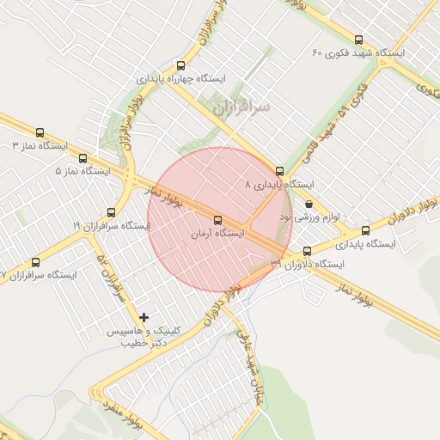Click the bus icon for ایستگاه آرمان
[217, 219]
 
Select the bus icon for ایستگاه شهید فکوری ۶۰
[358, 40]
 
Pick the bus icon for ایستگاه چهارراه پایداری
[180, 65]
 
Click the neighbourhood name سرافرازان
[241, 107]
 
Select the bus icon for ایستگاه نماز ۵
[82, 158]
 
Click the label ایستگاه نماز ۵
[82, 171]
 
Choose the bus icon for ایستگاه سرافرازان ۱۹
[111, 212]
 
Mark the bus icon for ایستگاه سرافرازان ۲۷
[35, 262]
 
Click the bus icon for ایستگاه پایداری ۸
[279, 171]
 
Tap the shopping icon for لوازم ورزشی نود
[308, 205]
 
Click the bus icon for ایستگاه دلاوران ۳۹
[307, 251]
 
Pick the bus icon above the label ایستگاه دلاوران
[365, 230]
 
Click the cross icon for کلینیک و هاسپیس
[144, 318]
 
